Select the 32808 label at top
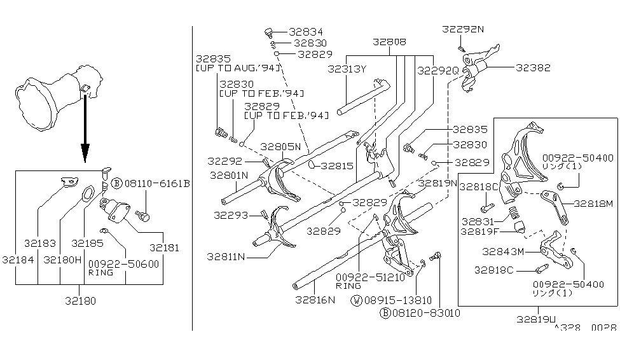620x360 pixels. pos(390,43)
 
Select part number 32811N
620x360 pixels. pos(226,256)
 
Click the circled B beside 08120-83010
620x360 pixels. pos(385,312)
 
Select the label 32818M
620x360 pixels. pos(593,204)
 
